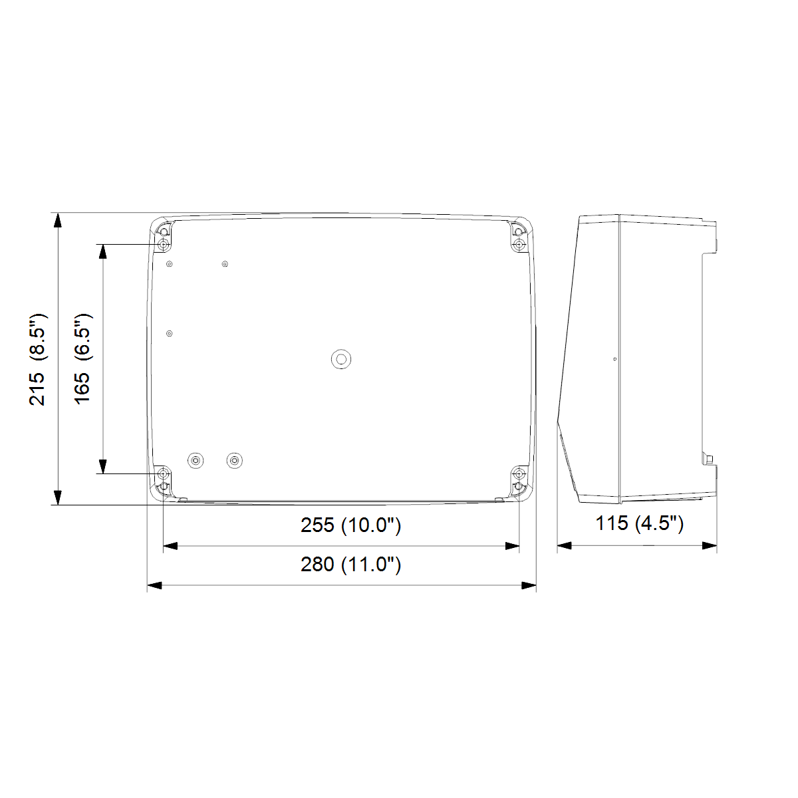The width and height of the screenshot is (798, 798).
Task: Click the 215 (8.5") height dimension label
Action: tap(38, 360)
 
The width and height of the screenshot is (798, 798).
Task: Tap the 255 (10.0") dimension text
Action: tap(350, 525)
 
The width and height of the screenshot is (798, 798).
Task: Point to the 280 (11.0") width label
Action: tap(350, 565)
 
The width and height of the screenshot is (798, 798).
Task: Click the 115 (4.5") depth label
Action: tap(639, 523)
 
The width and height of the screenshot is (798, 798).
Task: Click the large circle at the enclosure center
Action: tap(341, 359)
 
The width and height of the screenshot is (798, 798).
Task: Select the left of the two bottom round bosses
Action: tap(196, 460)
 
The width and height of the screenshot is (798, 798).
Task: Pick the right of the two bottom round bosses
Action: tap(234, 460)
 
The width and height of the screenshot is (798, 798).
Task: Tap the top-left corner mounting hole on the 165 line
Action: tap(164, 244)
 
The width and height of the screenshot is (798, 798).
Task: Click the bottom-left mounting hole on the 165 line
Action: tap(164, 473)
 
